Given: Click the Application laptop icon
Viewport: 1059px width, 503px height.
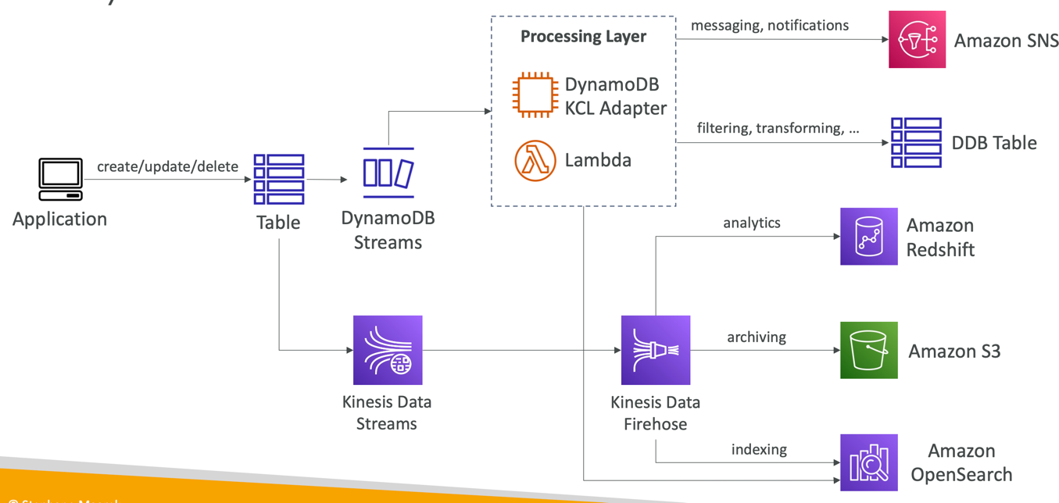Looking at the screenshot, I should [x=60, y=179].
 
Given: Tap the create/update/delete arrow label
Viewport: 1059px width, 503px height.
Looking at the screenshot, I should [x=167, y=166].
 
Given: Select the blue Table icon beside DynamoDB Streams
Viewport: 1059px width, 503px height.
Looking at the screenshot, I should [x=279, y=179].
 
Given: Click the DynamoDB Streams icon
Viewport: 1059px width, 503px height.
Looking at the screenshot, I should [x=388, y=173].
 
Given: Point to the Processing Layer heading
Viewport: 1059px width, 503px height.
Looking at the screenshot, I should [x=583, y=37].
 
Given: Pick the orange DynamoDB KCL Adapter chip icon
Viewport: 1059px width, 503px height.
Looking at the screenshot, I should [x=535, y=95].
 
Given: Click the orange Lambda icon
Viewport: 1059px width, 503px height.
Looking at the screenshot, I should [x=535, y=160].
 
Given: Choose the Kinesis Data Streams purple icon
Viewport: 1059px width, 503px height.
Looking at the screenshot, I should [x=388, y=350].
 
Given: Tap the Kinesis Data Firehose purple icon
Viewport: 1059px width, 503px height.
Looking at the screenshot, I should [x=655, y=350].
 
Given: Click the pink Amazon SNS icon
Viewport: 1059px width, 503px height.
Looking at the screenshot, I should [x=917, y=39].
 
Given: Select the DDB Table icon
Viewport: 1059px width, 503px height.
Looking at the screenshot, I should [x=916, y=143].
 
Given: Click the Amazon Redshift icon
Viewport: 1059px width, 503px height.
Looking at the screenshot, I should [x=868, y=237].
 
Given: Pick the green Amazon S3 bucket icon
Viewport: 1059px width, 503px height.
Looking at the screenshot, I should [x=868, y=350].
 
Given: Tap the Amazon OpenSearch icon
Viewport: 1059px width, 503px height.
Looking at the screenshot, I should [x=868, y=462].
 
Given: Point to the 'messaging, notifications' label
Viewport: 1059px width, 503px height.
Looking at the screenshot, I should [x=769, y=26].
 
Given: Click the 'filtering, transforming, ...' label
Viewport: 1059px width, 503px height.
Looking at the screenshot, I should [x=778, y=128].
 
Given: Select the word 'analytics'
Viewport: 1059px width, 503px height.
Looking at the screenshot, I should [x=751, y=223].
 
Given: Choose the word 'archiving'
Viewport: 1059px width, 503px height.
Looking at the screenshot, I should [x=756, y=337].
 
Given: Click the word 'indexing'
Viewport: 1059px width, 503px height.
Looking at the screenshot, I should [x=759, y=449].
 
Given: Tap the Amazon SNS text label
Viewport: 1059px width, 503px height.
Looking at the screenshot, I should [x=1006, y=41].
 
